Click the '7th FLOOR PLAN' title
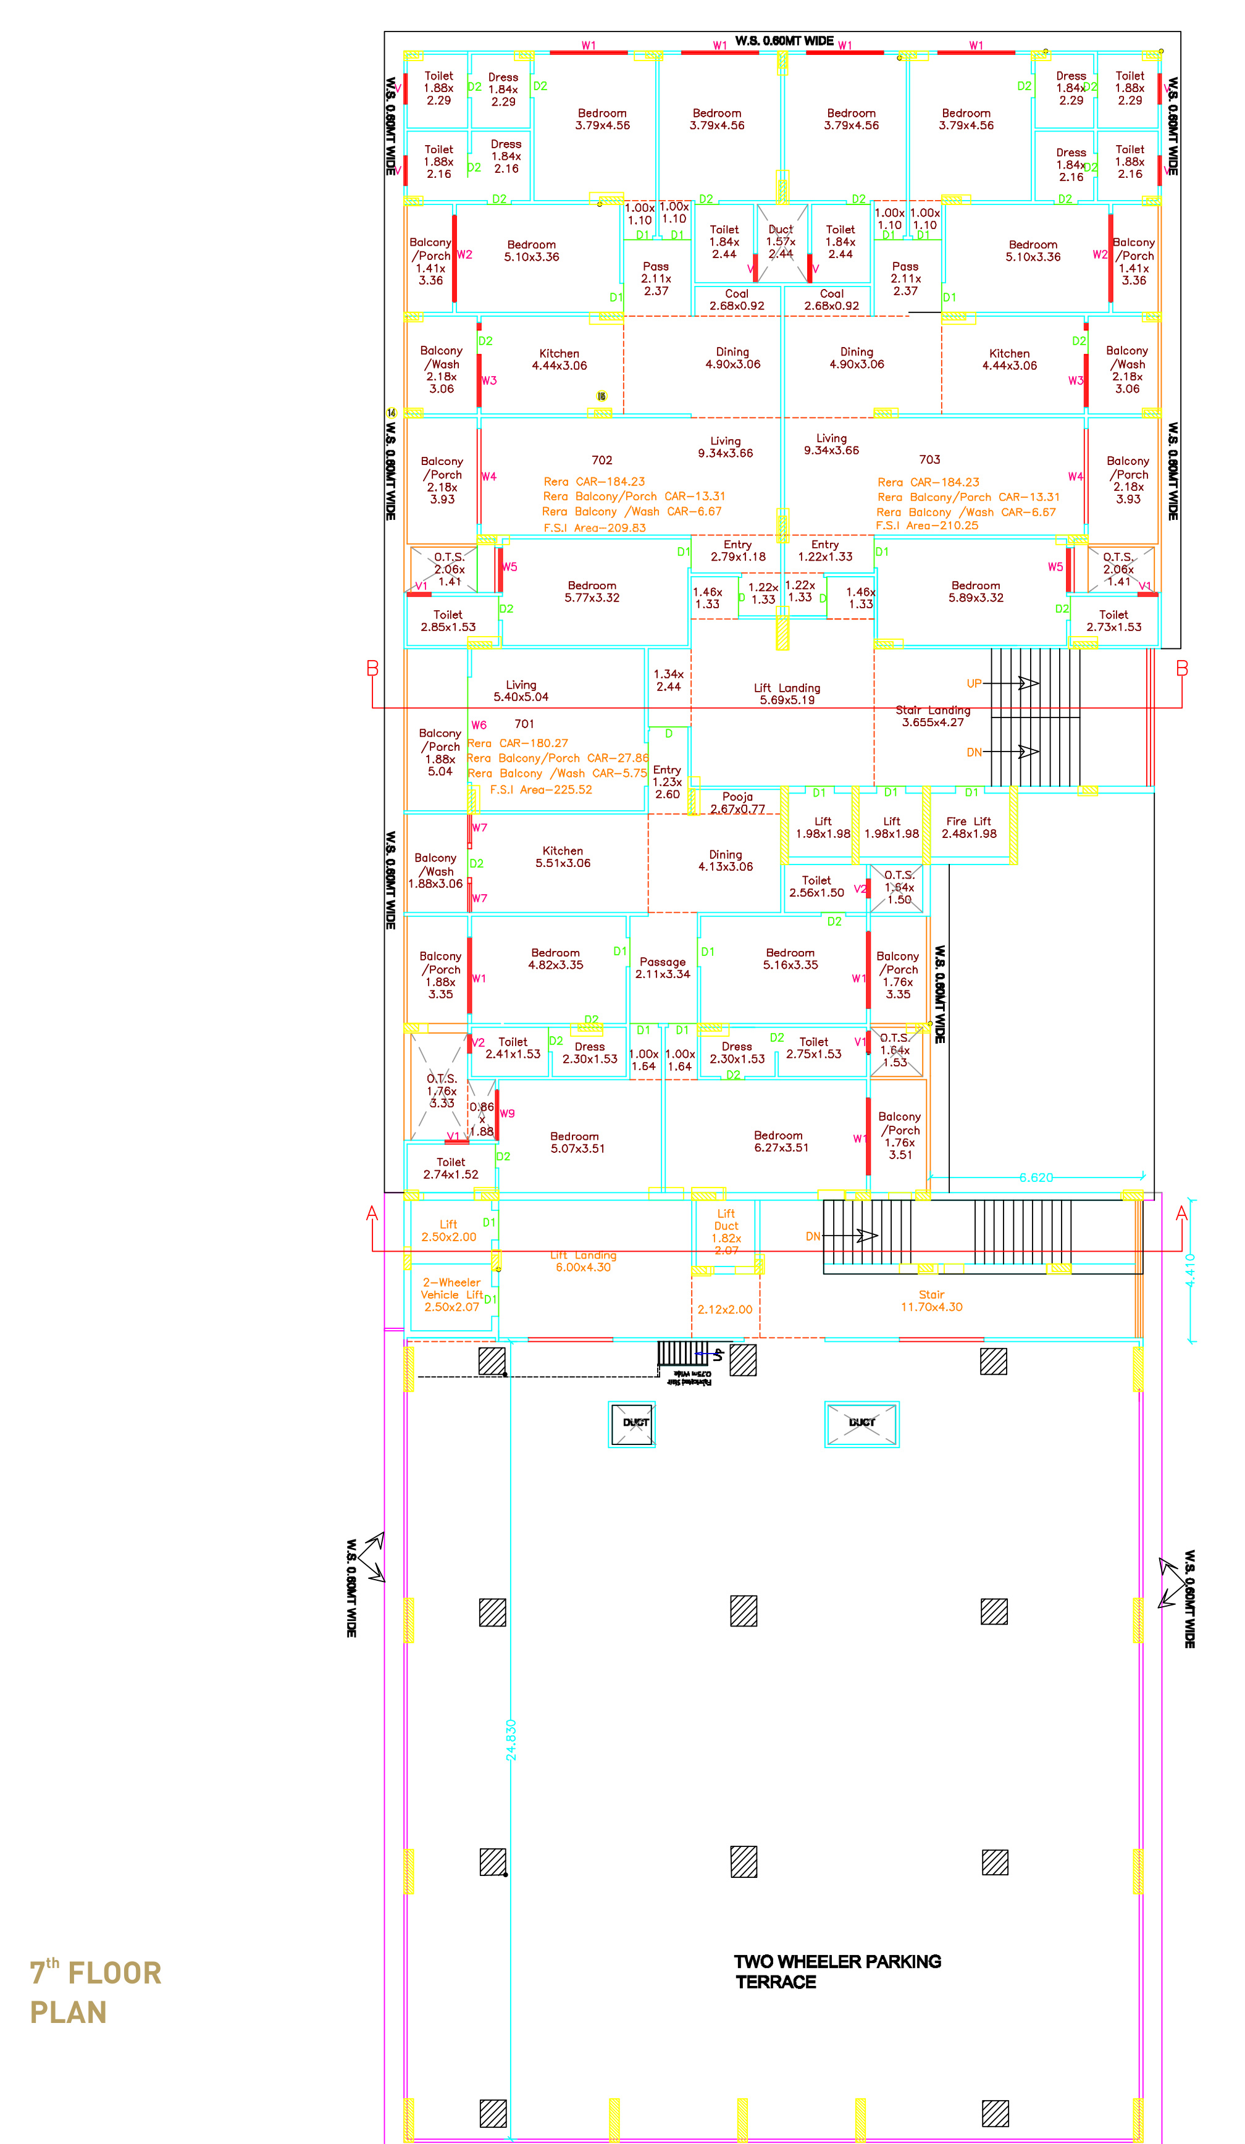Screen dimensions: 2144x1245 (95, 1991)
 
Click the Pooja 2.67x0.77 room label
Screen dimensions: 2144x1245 (737, 802)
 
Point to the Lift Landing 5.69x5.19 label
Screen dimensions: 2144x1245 (787, 693)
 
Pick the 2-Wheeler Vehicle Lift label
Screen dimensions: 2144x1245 (452, 1294)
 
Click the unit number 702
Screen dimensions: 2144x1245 (602, 460)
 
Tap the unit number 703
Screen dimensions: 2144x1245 (929, 459)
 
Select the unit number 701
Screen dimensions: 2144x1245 (524, 724)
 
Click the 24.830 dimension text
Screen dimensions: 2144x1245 (511, 1740)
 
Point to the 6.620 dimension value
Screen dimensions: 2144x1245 (1036, 1178)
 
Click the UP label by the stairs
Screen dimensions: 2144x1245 (973, 683)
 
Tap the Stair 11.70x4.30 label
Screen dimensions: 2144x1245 (931, 1301)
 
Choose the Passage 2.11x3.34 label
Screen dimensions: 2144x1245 (662, 968)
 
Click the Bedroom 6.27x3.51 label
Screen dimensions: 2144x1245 (781, 1141)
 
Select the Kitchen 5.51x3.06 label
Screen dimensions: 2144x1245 (563, 856)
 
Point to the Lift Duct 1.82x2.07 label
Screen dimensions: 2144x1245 (726, 1231)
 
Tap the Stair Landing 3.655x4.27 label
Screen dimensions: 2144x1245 (933, 716)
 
